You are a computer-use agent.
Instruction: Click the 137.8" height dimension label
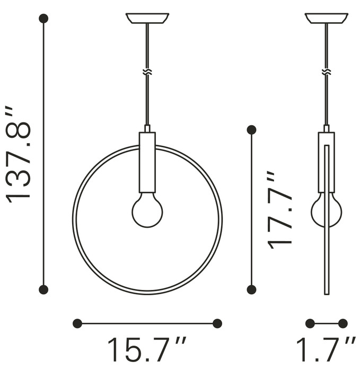click(x=19, y=154)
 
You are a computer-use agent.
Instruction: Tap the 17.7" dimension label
click(x=279, y=210)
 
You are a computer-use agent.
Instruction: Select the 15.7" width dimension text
click(x=147, y=350)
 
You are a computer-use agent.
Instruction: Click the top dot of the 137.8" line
click(x=43, y=19)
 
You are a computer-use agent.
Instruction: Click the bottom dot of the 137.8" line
click(x=43, y=289)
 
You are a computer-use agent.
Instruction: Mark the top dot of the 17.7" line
click(x=251, y=129)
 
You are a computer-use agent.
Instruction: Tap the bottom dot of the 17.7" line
click(x=251, y=289)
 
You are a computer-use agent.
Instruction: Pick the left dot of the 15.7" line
click(x=77, y=323)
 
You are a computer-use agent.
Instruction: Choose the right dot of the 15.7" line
click(x=217, y=323)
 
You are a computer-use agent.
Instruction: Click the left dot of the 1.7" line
click(x=310, y=323)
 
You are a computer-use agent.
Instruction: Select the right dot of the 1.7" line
click(x=343, y=323)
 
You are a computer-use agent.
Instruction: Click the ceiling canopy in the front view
click(x=147, y=19)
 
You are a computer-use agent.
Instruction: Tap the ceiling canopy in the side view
click(x=327, y=19)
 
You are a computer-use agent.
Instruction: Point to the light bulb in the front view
click(x=147, y=210)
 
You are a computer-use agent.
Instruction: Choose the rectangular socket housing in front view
click(x=147, y=162)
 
